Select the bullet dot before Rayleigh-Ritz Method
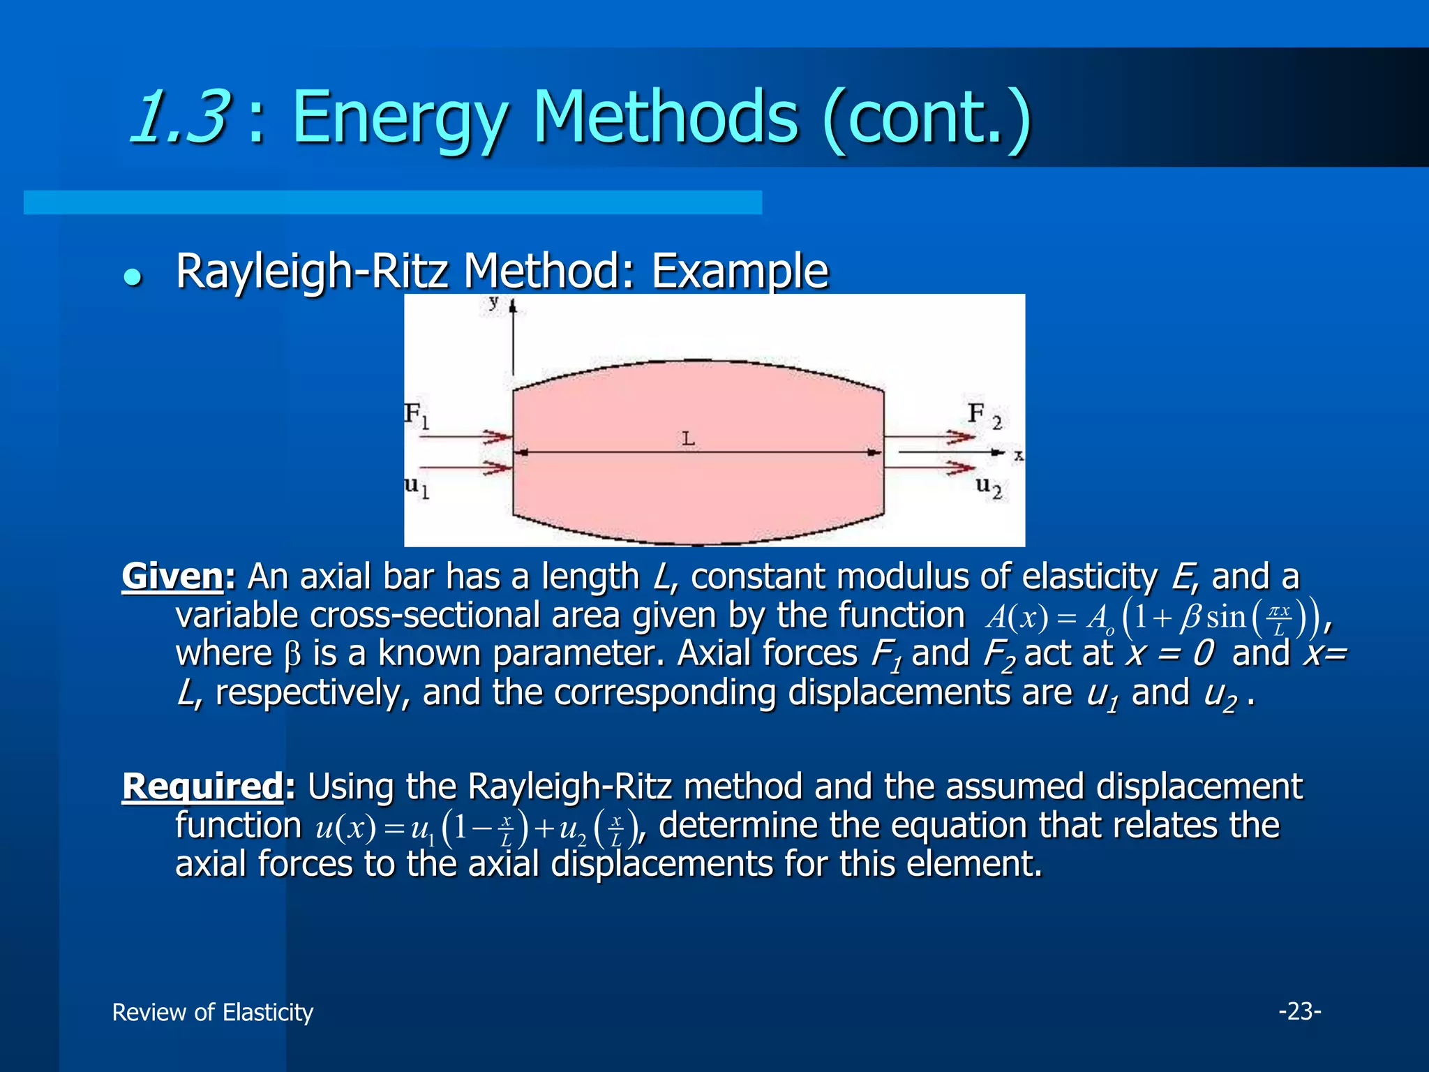(x=132, y=277)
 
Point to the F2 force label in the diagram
(x=985, y=416)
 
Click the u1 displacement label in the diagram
(x=417, y=486)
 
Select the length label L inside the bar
(x=688, y=439)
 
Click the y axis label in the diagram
(x=494, y=302)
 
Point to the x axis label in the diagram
(x=1018, y=456)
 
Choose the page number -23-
(x=1299, y=1011)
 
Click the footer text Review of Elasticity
(x=213, y=1012)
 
